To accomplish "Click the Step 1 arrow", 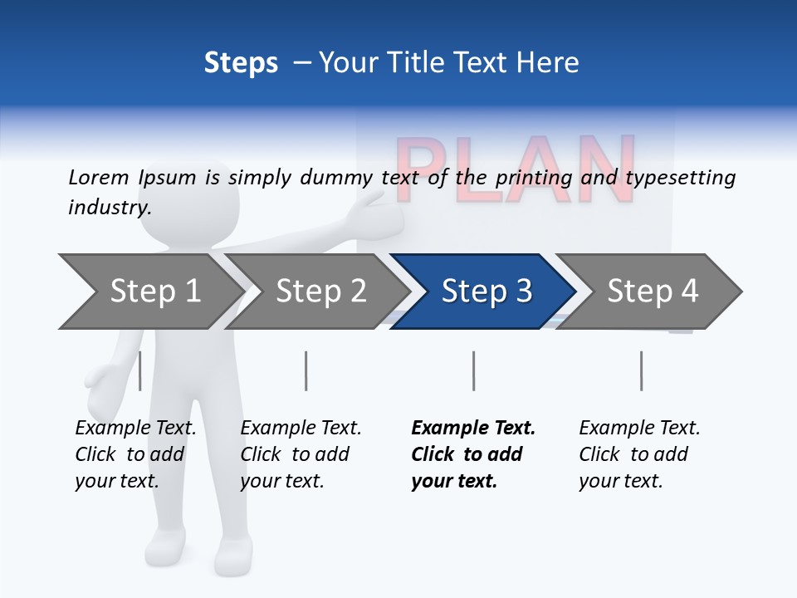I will (x=154, y=292).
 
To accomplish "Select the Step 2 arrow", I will (x=320, y=292).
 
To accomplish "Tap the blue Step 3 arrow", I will (x=487, y=292).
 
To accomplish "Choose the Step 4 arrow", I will (x=653, y=292).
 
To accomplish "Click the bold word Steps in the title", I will (x=241, y=62).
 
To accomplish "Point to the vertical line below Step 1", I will (x=140, y=370).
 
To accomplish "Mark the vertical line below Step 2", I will (x=306, y=370).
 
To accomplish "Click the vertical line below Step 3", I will (x=473, y=370).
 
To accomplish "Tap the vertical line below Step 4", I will (x=641, y=370).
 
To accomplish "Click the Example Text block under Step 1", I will (x=135, y=454).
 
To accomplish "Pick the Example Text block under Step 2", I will (x=301, y=454).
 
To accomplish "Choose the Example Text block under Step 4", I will (x=639, y=454).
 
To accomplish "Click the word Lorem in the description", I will (x=99, y=177).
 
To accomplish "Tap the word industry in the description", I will (x=110, y=207).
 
